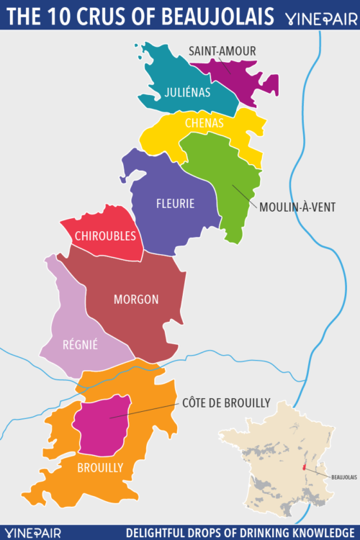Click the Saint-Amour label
(222, 50)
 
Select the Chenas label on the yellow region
(204, 123)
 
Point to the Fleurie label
(175, 204)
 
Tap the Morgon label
(135, 300)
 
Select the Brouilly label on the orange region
(100, 467)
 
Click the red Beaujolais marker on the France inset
(305, 467)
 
